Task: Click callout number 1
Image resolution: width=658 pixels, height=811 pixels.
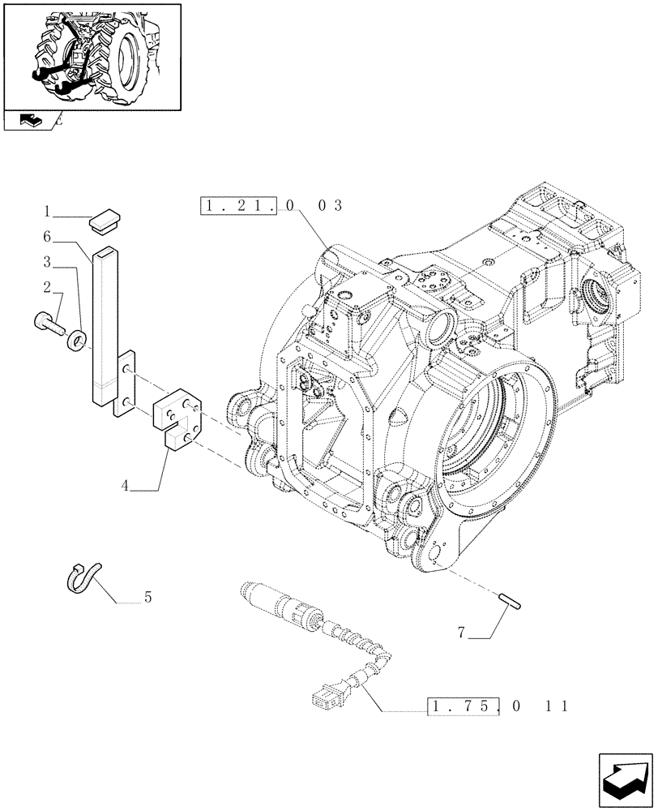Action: (48, 212)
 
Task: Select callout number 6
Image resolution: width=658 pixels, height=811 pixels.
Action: (48, 236)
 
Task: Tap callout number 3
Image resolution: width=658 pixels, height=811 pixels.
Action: (48, 262)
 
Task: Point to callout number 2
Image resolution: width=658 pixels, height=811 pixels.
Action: (48, 287)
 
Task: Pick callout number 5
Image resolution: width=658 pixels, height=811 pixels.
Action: (147, 599)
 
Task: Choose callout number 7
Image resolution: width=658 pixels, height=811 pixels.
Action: (461, 633)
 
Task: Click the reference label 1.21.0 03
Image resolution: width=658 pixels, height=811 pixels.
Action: (271, 206)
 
